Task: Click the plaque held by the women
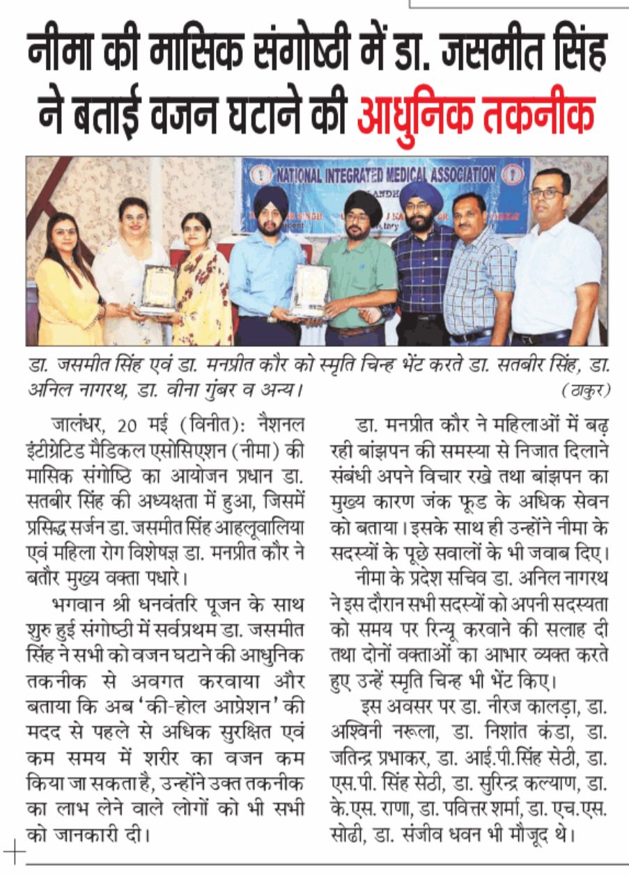(158, 288)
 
